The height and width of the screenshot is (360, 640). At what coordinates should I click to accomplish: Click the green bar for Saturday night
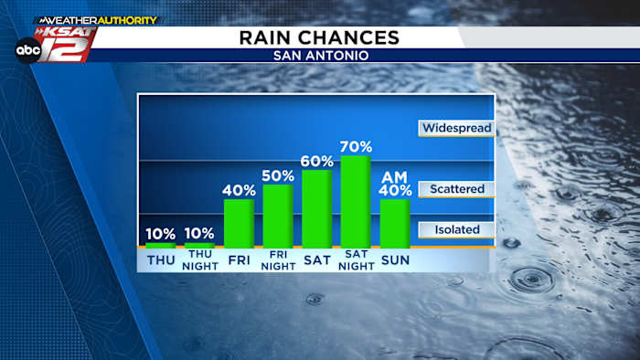point(356,201)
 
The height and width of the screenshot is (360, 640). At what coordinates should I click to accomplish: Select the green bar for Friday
point(239,223)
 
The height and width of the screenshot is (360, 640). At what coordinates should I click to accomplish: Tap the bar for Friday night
point(278,216)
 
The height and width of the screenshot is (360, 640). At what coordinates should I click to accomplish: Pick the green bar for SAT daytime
point(316,208)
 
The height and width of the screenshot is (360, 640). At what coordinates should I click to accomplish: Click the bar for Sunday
point(395,223)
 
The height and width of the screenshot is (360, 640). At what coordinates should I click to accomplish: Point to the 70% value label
point(356,146)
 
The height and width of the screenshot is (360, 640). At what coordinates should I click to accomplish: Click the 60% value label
point(316,161)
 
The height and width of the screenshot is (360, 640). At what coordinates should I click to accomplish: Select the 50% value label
point(278,175)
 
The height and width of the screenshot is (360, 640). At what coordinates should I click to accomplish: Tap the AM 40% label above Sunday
point(395,184)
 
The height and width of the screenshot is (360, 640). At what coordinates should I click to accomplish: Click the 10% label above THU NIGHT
point(199,233)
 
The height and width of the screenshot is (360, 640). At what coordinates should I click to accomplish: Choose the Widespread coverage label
point(456,128)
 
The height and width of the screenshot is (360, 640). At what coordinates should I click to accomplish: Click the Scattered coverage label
point(456,189)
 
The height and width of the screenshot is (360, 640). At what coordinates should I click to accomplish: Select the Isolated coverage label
point(456,229)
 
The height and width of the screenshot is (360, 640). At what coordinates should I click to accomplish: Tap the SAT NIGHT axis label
point(356,261)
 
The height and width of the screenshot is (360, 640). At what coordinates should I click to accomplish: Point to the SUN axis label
point(395,260)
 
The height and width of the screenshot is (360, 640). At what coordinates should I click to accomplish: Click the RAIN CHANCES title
point(319,37)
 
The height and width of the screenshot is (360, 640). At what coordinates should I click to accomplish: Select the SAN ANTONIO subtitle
point(319,56)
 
